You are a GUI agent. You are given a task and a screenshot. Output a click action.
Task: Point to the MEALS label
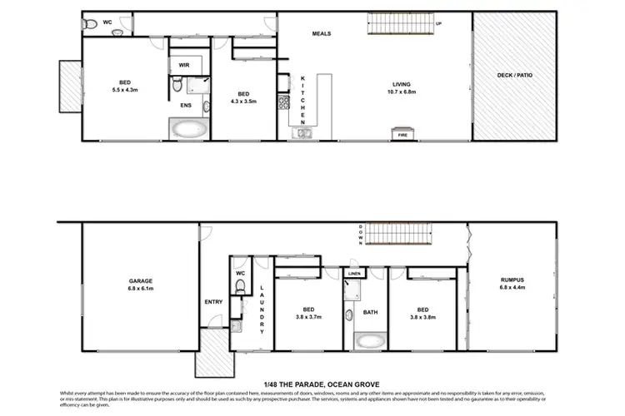point(322,34)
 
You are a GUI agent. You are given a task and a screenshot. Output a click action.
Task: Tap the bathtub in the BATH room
point(371,340)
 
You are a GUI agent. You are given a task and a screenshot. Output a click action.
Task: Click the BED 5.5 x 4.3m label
point(124,86)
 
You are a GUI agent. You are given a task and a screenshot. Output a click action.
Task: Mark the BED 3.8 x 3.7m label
point(307,314)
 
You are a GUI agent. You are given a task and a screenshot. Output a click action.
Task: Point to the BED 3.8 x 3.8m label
point(429,314)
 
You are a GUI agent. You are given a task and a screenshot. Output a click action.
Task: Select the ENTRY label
point(212,302)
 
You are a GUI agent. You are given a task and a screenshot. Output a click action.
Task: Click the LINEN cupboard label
point(353,274)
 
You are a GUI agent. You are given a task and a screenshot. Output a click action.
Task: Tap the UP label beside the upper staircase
point(438,24)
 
